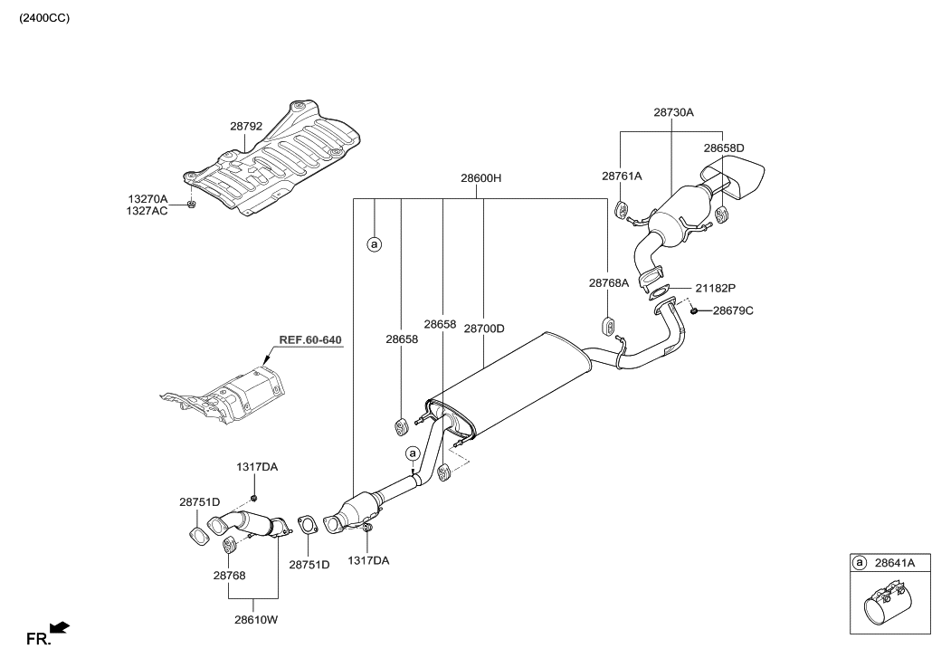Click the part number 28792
pos(245,127)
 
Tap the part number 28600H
pos(480,179)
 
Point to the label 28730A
pos(672,113)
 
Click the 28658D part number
pos(724,148)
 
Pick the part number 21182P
pos(715,288)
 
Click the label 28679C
pos(732,310)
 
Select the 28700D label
pos(483,329)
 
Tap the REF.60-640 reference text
pos(310,340)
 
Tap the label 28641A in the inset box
pos(895,563)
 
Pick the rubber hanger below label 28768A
pos(609,325)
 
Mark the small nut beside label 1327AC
pos(192,204)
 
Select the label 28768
pos(229,575)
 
